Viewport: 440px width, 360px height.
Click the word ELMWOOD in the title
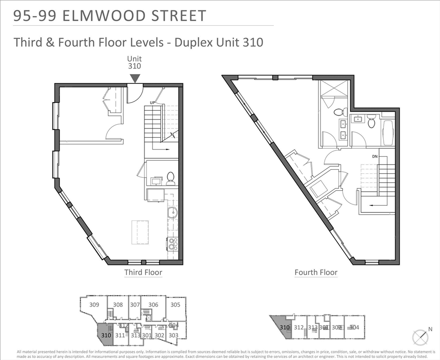point(100,16)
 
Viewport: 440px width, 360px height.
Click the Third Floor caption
point(143,272)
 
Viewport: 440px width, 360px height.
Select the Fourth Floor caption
point(316,272)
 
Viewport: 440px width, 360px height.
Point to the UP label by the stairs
point(152,102)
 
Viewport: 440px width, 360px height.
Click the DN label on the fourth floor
point(374,156)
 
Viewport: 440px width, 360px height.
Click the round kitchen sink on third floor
point(173,212)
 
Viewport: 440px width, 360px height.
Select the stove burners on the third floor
point(173,243)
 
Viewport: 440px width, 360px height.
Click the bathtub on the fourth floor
point(388,133)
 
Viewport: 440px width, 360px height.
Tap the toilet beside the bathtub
point(372,122)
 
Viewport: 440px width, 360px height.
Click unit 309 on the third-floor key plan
point(94,305)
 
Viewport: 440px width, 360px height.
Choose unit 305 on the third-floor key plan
point(175,305)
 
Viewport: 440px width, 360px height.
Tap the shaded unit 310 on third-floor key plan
point(105,335)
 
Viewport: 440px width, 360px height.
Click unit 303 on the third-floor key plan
point(173,335)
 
